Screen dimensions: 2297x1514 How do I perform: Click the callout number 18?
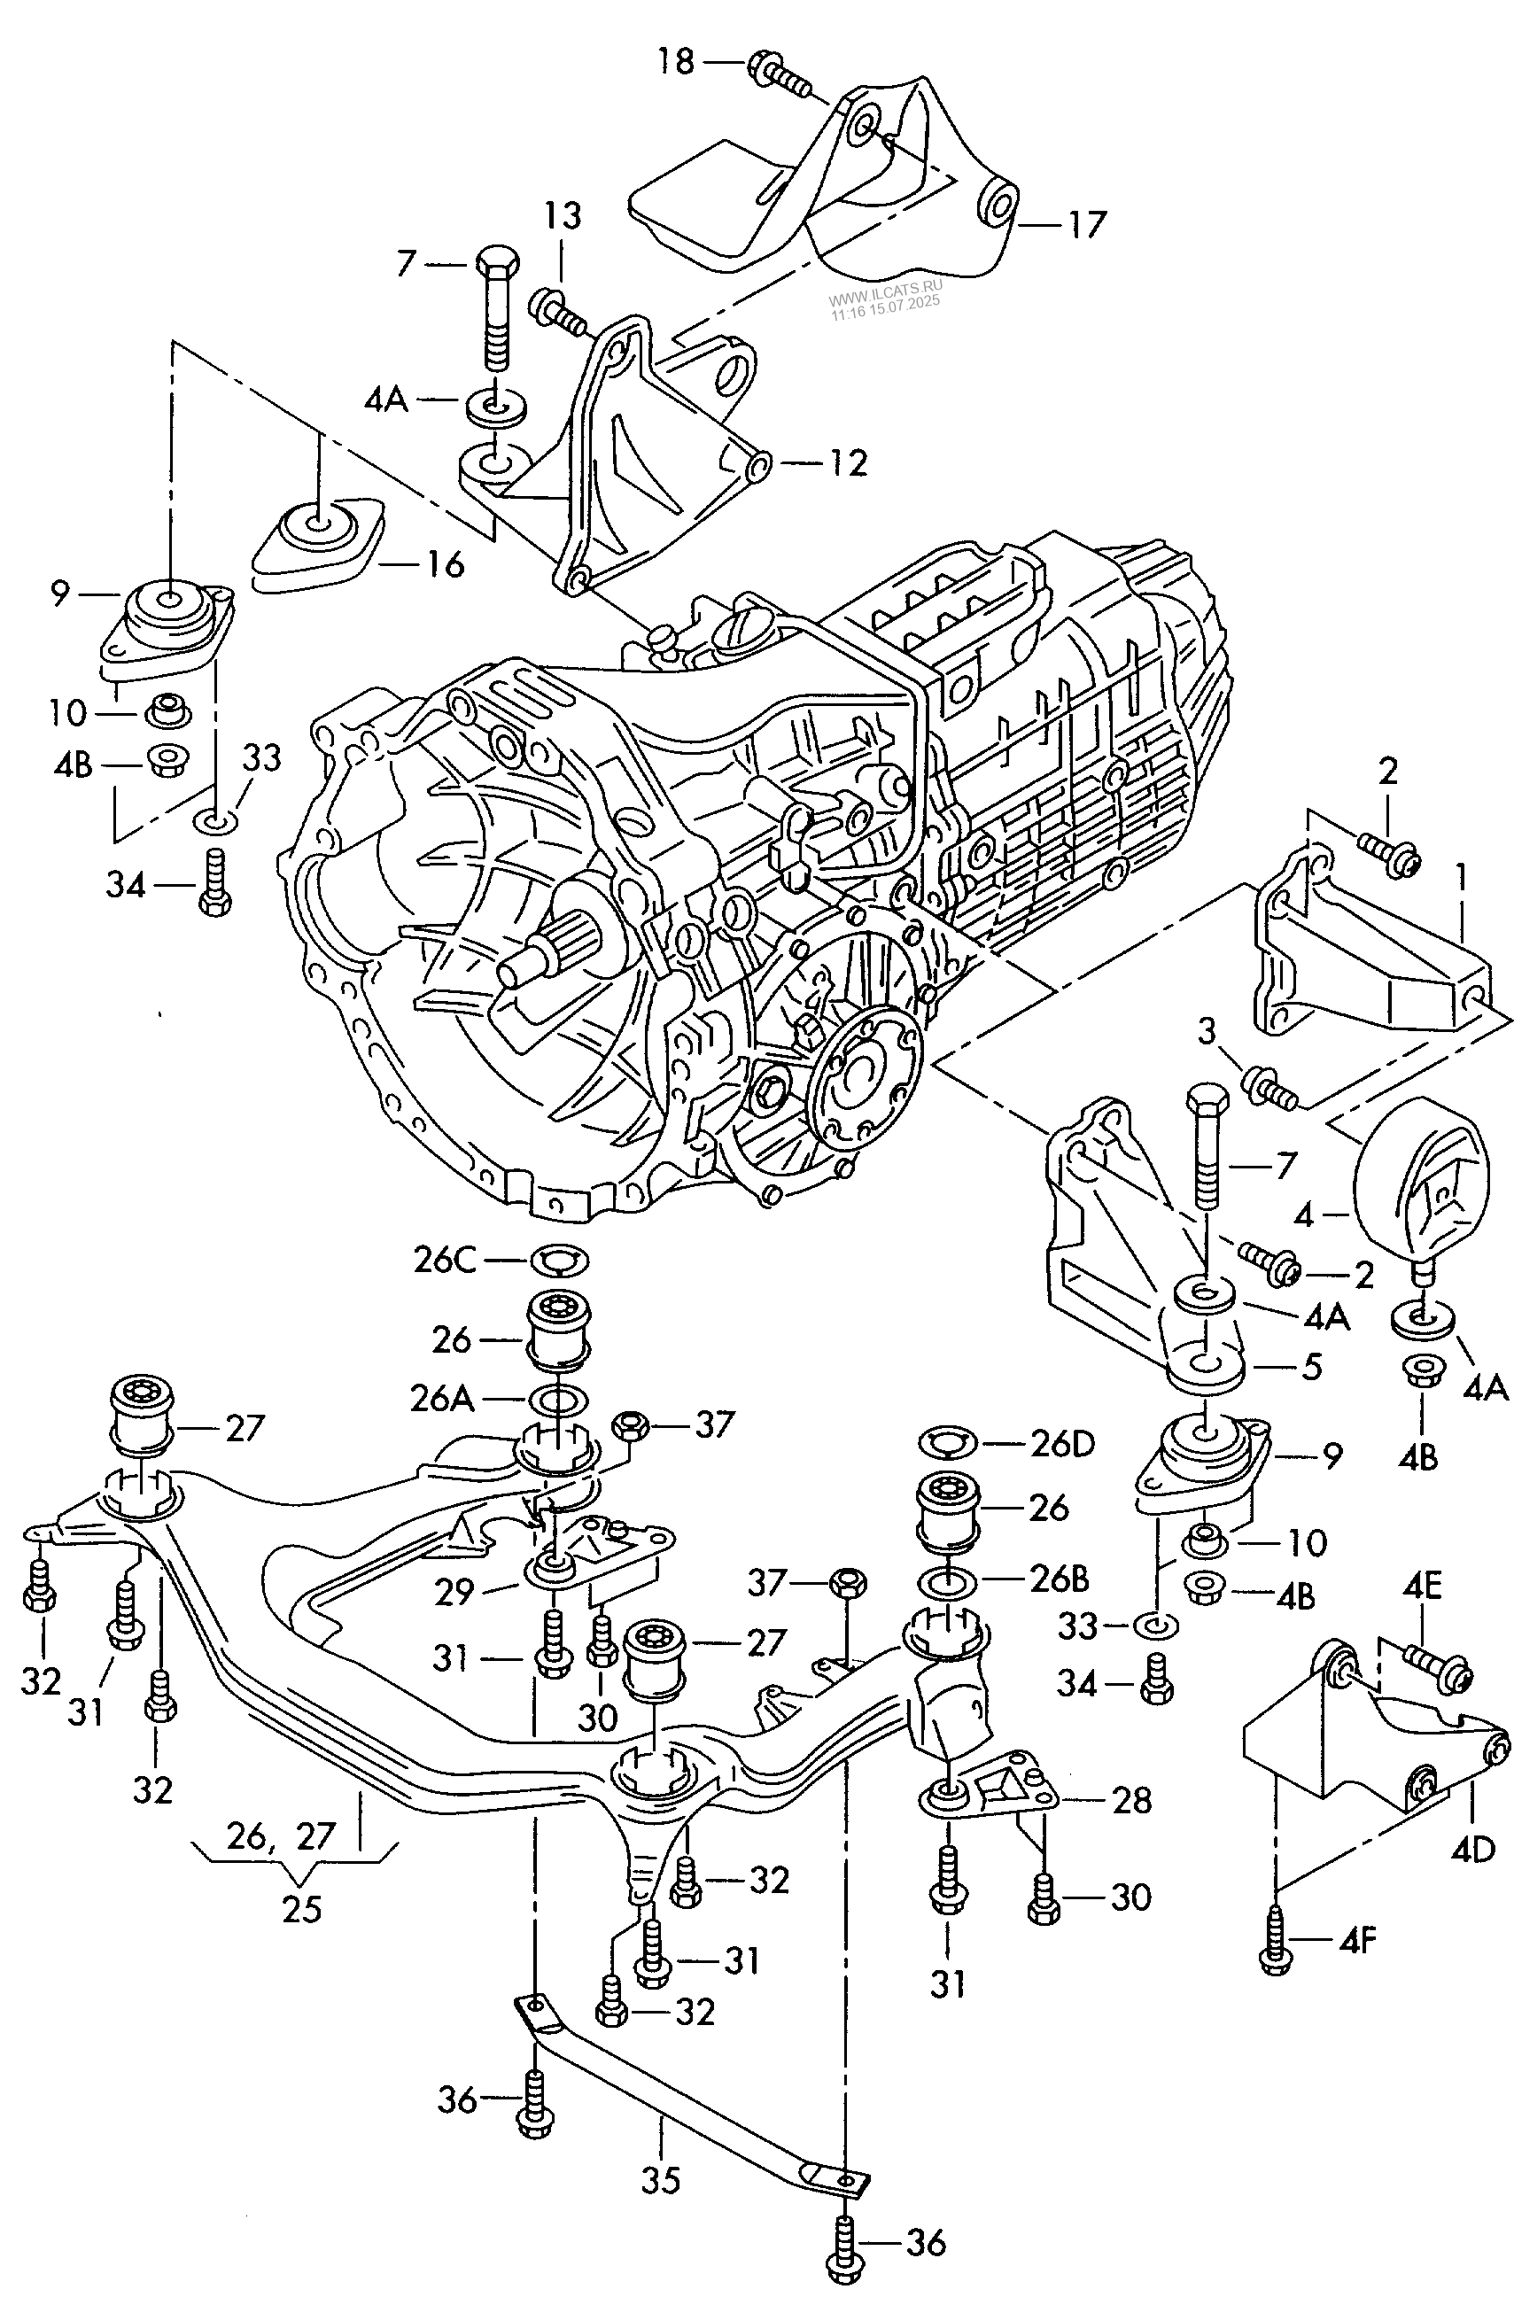(676, 62)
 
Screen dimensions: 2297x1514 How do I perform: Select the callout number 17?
(1085, 225)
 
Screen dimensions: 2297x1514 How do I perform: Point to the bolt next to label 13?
(558, 311)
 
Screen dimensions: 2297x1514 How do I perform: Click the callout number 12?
(847, 463)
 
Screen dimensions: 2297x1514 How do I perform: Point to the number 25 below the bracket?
(301, 1910)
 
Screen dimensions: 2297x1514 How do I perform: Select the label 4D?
(1472, 1848)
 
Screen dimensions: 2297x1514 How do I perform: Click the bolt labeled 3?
(1269, 1089)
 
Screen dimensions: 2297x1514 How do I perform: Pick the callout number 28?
(1131, 1800)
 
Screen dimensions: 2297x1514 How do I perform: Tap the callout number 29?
(453, 1591)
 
